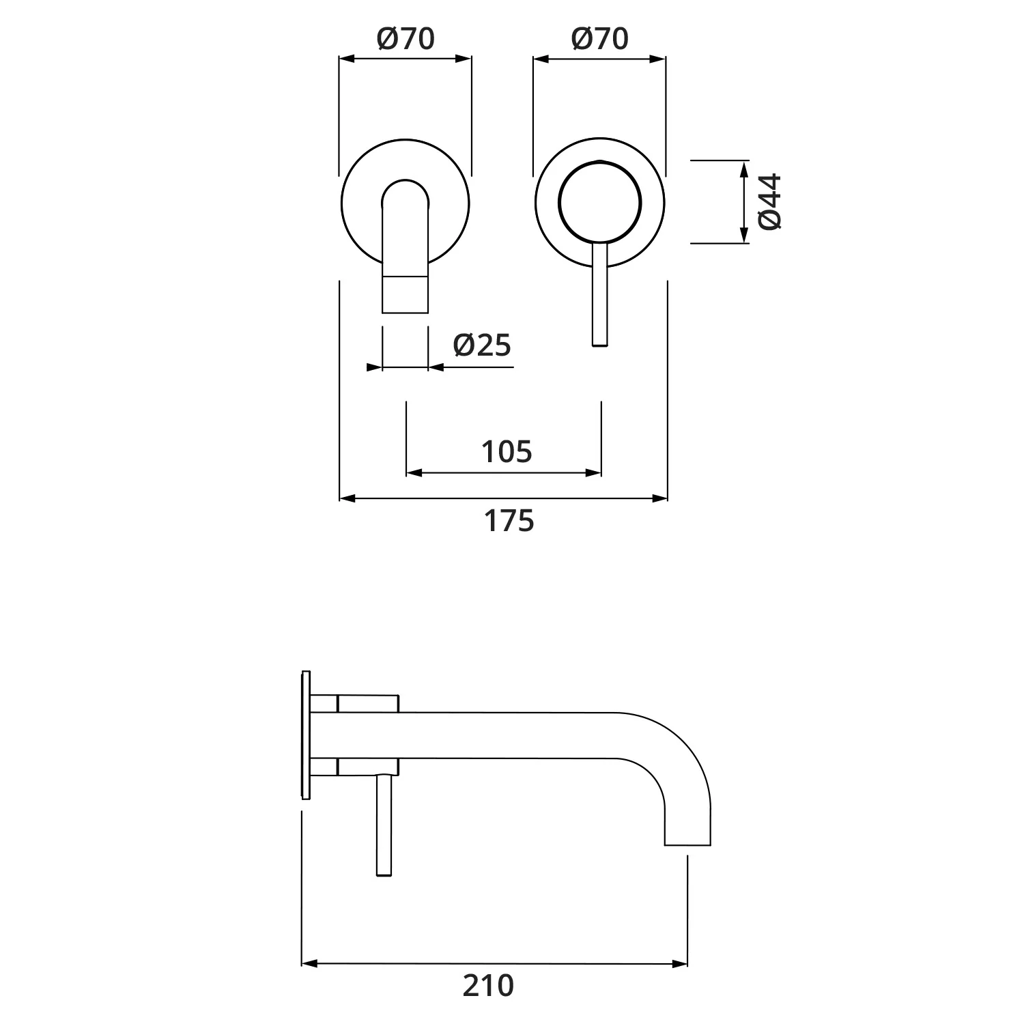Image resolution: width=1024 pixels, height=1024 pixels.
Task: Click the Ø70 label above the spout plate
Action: [406, 39]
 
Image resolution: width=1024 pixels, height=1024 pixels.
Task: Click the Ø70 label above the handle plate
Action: [599, 39]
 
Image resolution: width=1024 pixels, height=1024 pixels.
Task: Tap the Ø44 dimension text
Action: [769, 201]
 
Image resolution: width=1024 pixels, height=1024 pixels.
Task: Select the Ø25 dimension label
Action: [482, 345]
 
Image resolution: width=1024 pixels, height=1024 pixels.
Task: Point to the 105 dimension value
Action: [506, 452]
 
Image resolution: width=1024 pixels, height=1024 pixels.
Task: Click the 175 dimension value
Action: [509, 521]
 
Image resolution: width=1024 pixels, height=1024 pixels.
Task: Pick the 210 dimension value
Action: [488, 986]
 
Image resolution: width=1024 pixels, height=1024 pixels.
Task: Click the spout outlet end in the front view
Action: [405, 295]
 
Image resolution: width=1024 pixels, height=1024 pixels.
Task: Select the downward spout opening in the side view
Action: [687, 844]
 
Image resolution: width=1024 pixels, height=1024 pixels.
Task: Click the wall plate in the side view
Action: [305, 735]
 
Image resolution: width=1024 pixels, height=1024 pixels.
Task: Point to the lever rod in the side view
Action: [385, 826]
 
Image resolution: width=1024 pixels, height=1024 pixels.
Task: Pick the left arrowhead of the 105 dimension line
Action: [414, 472]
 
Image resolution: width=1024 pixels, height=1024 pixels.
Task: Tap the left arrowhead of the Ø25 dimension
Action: [374, 367]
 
